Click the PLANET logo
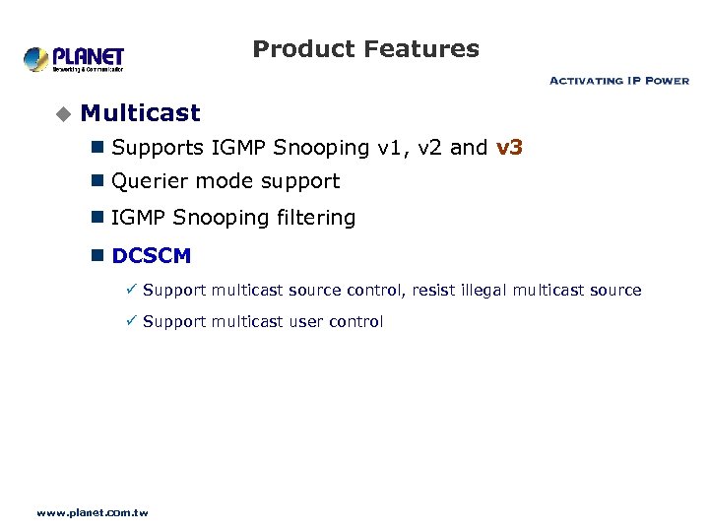(x=74, y=59)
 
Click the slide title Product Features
(x=365, y=49)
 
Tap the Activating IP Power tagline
(x=618, y=81)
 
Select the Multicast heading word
(x=141, y=113)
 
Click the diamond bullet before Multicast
(x=63, y=114)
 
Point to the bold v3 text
(x=509, y=148)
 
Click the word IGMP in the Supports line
(x=239, y=148)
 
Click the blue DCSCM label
(x=152, y=256)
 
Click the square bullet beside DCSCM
(x=97, y=256)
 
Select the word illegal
(x=484, y=291)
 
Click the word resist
(x=433, y=291)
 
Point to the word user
(x=306, y=322)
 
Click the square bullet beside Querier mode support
(x=97, y=181)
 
